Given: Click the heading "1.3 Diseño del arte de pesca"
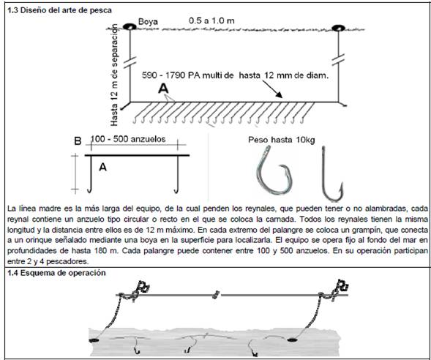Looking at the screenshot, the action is [59, 11].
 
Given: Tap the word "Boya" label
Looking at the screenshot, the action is [148, 22].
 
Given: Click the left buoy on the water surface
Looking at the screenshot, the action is [130, 26].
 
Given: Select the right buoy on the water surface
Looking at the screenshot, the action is [338, 28].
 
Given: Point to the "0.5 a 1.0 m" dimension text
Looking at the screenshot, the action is [211, 21].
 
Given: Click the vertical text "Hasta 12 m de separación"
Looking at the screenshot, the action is [114, 75].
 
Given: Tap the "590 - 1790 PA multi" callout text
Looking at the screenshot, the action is [187, 75].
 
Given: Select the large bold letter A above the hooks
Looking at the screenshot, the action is [163, 89].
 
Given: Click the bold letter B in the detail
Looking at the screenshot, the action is [78, 141].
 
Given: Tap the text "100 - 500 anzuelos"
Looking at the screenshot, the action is [128, 139].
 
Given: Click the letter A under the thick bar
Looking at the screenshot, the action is [102, 167].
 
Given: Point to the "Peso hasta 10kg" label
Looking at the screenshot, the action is [282, 140].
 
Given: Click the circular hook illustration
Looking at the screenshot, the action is [259, 176].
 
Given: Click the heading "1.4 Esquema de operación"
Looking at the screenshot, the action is [56, 273].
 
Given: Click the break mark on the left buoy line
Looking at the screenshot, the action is [130, 62].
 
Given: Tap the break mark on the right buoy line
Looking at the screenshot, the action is [338, 60].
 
